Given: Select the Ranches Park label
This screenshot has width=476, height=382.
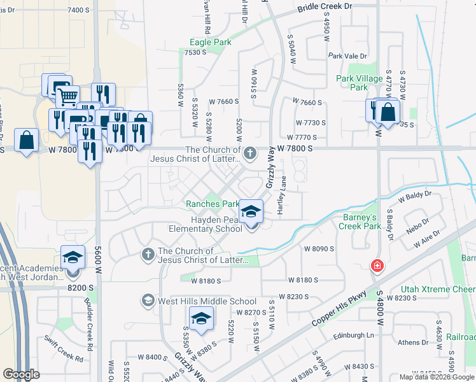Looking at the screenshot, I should coord(213,204).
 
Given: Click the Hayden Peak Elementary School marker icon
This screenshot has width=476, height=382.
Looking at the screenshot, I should coord(251,211).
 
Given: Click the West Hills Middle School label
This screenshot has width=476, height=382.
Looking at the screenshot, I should coord(207,301).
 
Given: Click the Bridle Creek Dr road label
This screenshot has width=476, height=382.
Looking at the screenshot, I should coord(325,6).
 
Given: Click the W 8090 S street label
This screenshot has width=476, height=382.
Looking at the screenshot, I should coord(319,248).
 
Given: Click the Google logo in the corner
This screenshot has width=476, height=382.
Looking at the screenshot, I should coord(21,374).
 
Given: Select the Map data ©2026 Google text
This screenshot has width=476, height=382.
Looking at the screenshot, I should coord(437,377).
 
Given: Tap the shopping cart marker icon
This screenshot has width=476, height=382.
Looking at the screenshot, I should coord(67,97).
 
